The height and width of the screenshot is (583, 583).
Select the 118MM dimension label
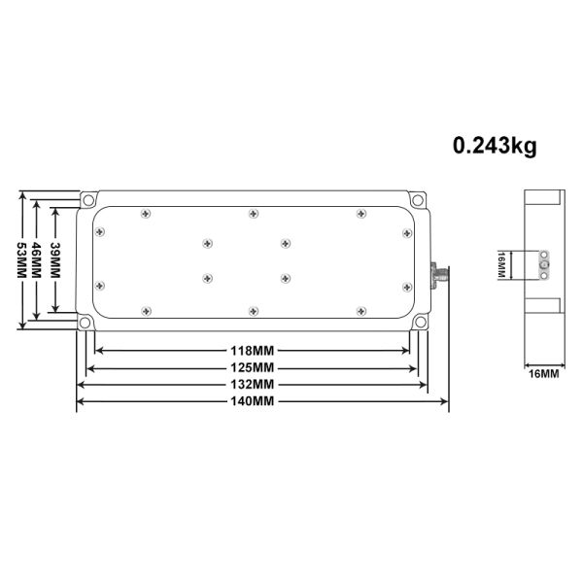point(252,350)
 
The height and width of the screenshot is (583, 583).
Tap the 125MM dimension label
point(252,367)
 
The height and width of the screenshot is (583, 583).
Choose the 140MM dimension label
point(252,401)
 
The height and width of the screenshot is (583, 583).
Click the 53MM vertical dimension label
point(21,259)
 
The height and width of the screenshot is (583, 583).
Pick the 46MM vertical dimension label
point(38,259)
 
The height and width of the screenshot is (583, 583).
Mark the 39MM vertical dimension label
point(55,259)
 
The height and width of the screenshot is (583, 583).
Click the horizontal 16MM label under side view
point(542,373)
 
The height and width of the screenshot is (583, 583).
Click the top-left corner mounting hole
point(88,200)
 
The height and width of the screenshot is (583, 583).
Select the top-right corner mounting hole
point(419,200)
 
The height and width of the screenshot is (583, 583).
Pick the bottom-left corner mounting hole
point(88,323)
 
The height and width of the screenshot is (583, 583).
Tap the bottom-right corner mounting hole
point(419,323)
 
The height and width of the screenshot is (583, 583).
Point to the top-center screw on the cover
point(253,212)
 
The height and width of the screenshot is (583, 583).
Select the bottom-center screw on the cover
point(253,311)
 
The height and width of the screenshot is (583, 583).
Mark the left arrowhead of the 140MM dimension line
point(81,401)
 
